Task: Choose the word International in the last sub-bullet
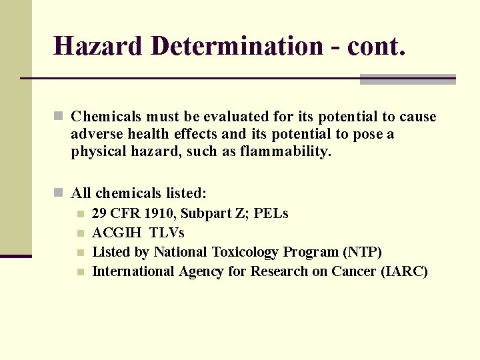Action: (133, 271)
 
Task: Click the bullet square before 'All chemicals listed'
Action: (59, 193)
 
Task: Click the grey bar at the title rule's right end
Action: (407, 79)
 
